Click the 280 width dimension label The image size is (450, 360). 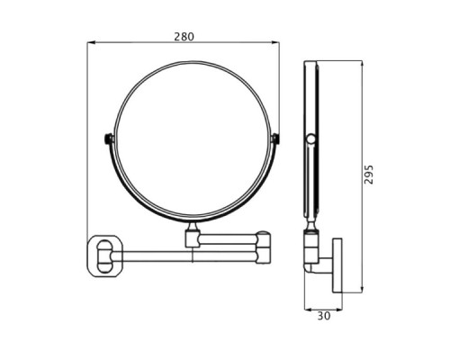184,37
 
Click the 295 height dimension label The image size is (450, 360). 369,175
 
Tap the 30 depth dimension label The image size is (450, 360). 324,316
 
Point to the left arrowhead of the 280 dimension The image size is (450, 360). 91,42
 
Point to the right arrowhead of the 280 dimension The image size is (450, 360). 275,42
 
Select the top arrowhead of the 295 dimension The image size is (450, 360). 362,65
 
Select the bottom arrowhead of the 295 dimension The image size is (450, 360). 362,288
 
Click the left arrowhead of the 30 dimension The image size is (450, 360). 309,309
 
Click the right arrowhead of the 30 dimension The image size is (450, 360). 338,309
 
